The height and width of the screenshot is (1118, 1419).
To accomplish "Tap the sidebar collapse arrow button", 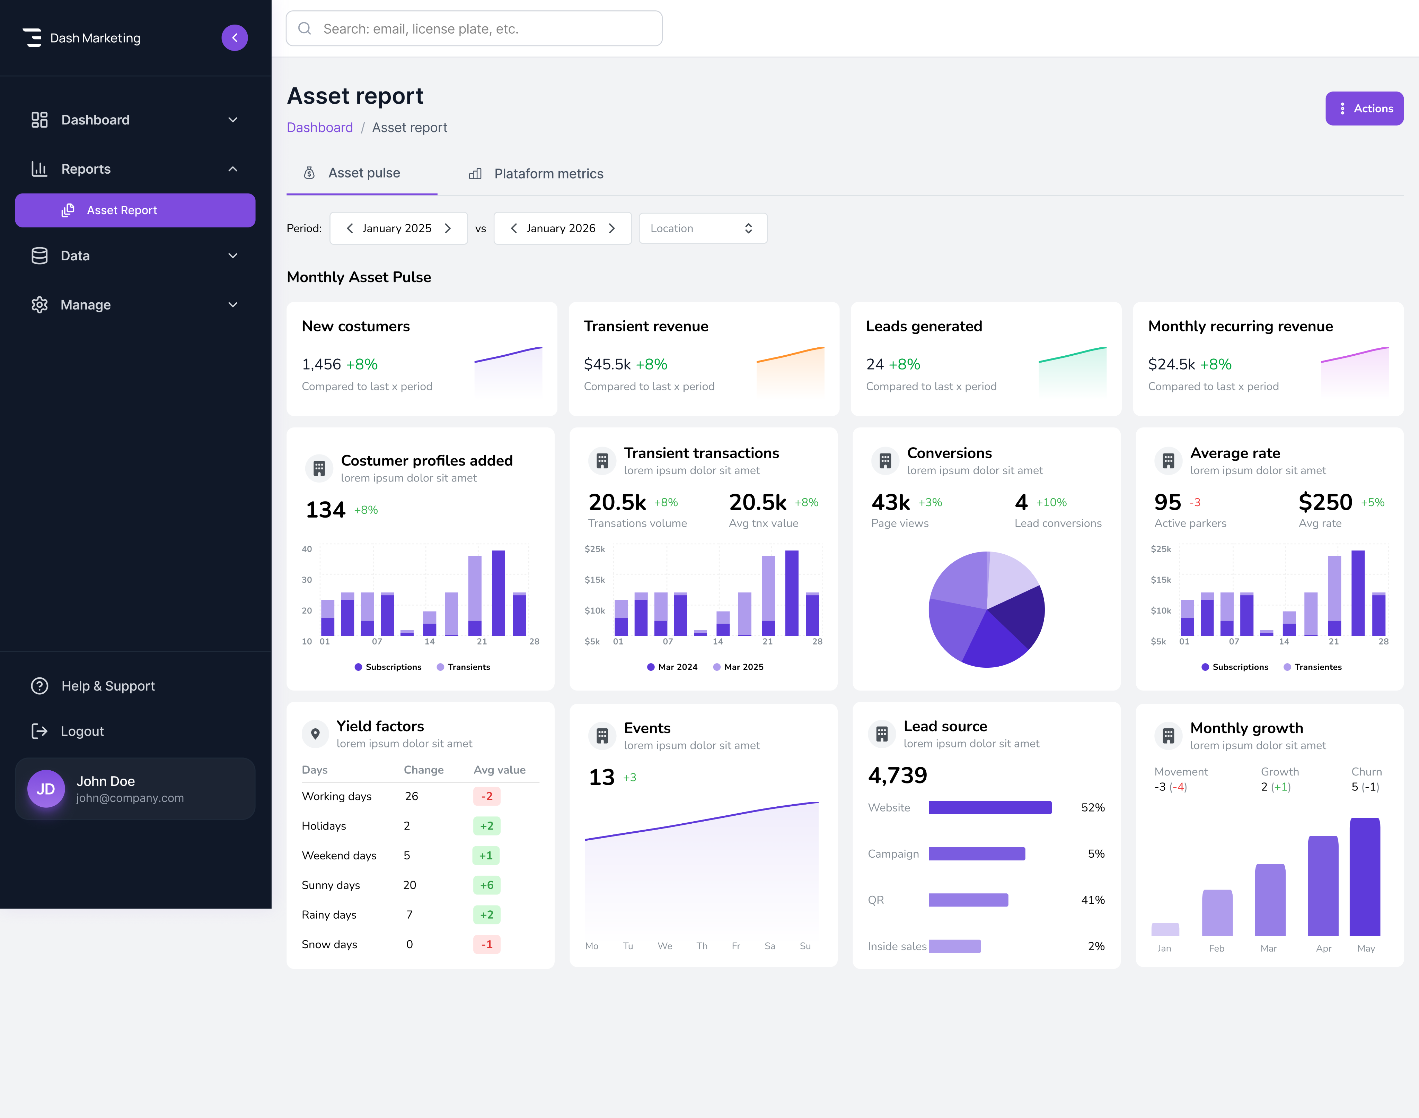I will (x=234, y=38).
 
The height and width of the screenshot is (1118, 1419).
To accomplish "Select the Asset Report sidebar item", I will (x=135, y=210).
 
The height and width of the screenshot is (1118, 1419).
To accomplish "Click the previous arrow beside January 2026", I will (x=513, y=228).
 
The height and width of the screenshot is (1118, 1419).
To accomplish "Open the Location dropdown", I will (x=702, y=228).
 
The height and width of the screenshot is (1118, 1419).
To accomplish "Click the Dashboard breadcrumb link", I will (x=319, y=128).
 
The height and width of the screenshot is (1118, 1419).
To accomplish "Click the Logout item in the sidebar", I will (x=82, y=731).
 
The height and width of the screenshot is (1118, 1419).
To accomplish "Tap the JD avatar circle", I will (x=46, y=789).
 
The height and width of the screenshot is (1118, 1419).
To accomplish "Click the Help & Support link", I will (x=107, y=686).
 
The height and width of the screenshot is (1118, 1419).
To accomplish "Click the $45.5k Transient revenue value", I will (x=607, y=365).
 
